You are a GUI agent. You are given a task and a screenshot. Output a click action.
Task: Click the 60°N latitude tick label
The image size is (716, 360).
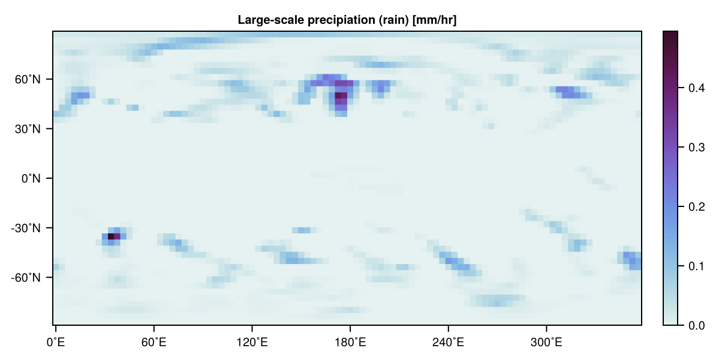click(x=28, y=79)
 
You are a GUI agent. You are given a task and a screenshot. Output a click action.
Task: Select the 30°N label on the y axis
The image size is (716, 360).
click(x=28, y=129)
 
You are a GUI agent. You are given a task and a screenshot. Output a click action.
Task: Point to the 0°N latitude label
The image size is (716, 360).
click(x=31, y=179)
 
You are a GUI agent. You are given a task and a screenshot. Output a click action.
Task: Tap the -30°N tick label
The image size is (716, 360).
click(x=26, y=228)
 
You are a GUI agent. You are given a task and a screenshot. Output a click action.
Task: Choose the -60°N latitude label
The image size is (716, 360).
click(x=26, y=278)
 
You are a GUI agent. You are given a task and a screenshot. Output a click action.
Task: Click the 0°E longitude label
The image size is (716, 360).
click(x=56, y=342)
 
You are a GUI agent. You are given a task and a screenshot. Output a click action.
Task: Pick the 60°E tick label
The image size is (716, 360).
click(x=154, y=342)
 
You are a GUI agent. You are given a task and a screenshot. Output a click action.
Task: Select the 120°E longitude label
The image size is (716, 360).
click(x=252, y=342)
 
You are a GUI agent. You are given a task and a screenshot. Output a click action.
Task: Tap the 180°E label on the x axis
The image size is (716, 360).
click(x=350, y=342)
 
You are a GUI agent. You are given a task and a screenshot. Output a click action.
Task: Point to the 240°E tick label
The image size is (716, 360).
click(x=448, y=342)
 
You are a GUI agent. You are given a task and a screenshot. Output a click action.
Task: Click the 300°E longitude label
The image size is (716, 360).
click(x=546, y=342)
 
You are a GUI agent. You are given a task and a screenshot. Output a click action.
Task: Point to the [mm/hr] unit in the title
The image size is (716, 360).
click(x=434, y=20)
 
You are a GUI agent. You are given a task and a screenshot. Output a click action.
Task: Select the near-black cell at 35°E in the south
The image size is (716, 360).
click(x=110, y=236)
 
